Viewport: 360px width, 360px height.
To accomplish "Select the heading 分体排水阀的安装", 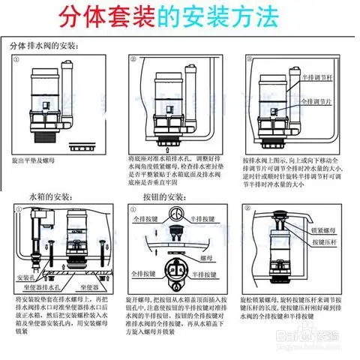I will [45, 46].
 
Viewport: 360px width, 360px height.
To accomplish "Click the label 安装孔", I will [27, 277].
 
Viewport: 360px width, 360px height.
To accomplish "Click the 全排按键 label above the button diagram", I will [145, 220].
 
